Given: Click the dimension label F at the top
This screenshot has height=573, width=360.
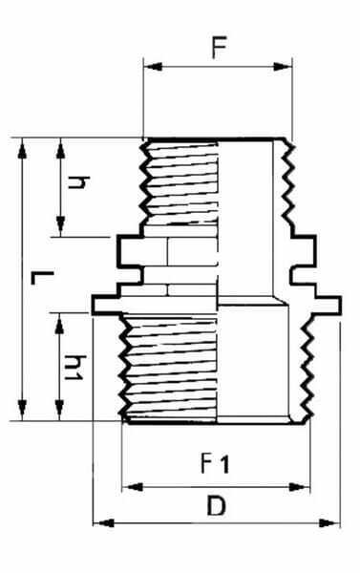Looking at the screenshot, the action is click(219, 47).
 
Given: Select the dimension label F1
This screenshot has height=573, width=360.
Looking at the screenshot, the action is click(215, 463).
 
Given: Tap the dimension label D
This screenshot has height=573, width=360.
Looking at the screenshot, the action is click(216, 505).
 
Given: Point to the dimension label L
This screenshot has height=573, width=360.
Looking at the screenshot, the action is click(42, 278).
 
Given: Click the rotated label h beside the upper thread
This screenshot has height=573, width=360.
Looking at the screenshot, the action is click(78, 182).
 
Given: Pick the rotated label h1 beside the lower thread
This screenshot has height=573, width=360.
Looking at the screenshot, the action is click(74, 368).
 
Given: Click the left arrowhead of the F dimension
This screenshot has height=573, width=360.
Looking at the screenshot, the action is click(153, 67).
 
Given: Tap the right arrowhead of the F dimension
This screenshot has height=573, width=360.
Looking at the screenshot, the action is click(283, 67).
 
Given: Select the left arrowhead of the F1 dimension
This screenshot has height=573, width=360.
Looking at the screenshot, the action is click(132, 487).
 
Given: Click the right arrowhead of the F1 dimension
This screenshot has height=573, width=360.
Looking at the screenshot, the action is click(300, 487).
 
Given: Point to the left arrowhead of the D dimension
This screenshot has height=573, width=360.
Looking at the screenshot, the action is click(103, 523).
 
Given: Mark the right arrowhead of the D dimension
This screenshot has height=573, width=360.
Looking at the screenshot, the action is click(328, 523).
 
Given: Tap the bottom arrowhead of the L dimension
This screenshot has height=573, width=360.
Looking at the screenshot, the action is click(23, 411).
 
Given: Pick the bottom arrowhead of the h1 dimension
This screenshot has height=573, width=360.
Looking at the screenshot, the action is click(59, 411).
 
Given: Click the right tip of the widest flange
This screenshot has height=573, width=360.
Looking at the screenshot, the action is click(341, 306).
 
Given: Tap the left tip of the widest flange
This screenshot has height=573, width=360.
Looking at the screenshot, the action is click(93, 306).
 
